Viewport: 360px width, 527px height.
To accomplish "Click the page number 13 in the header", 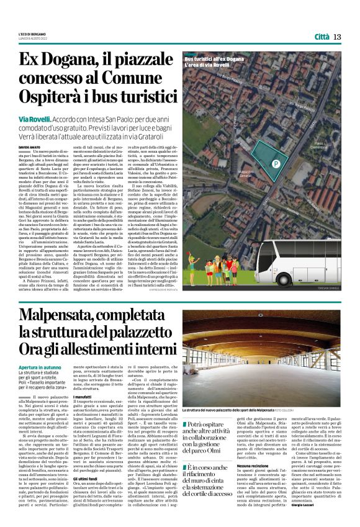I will tap(337, 37).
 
